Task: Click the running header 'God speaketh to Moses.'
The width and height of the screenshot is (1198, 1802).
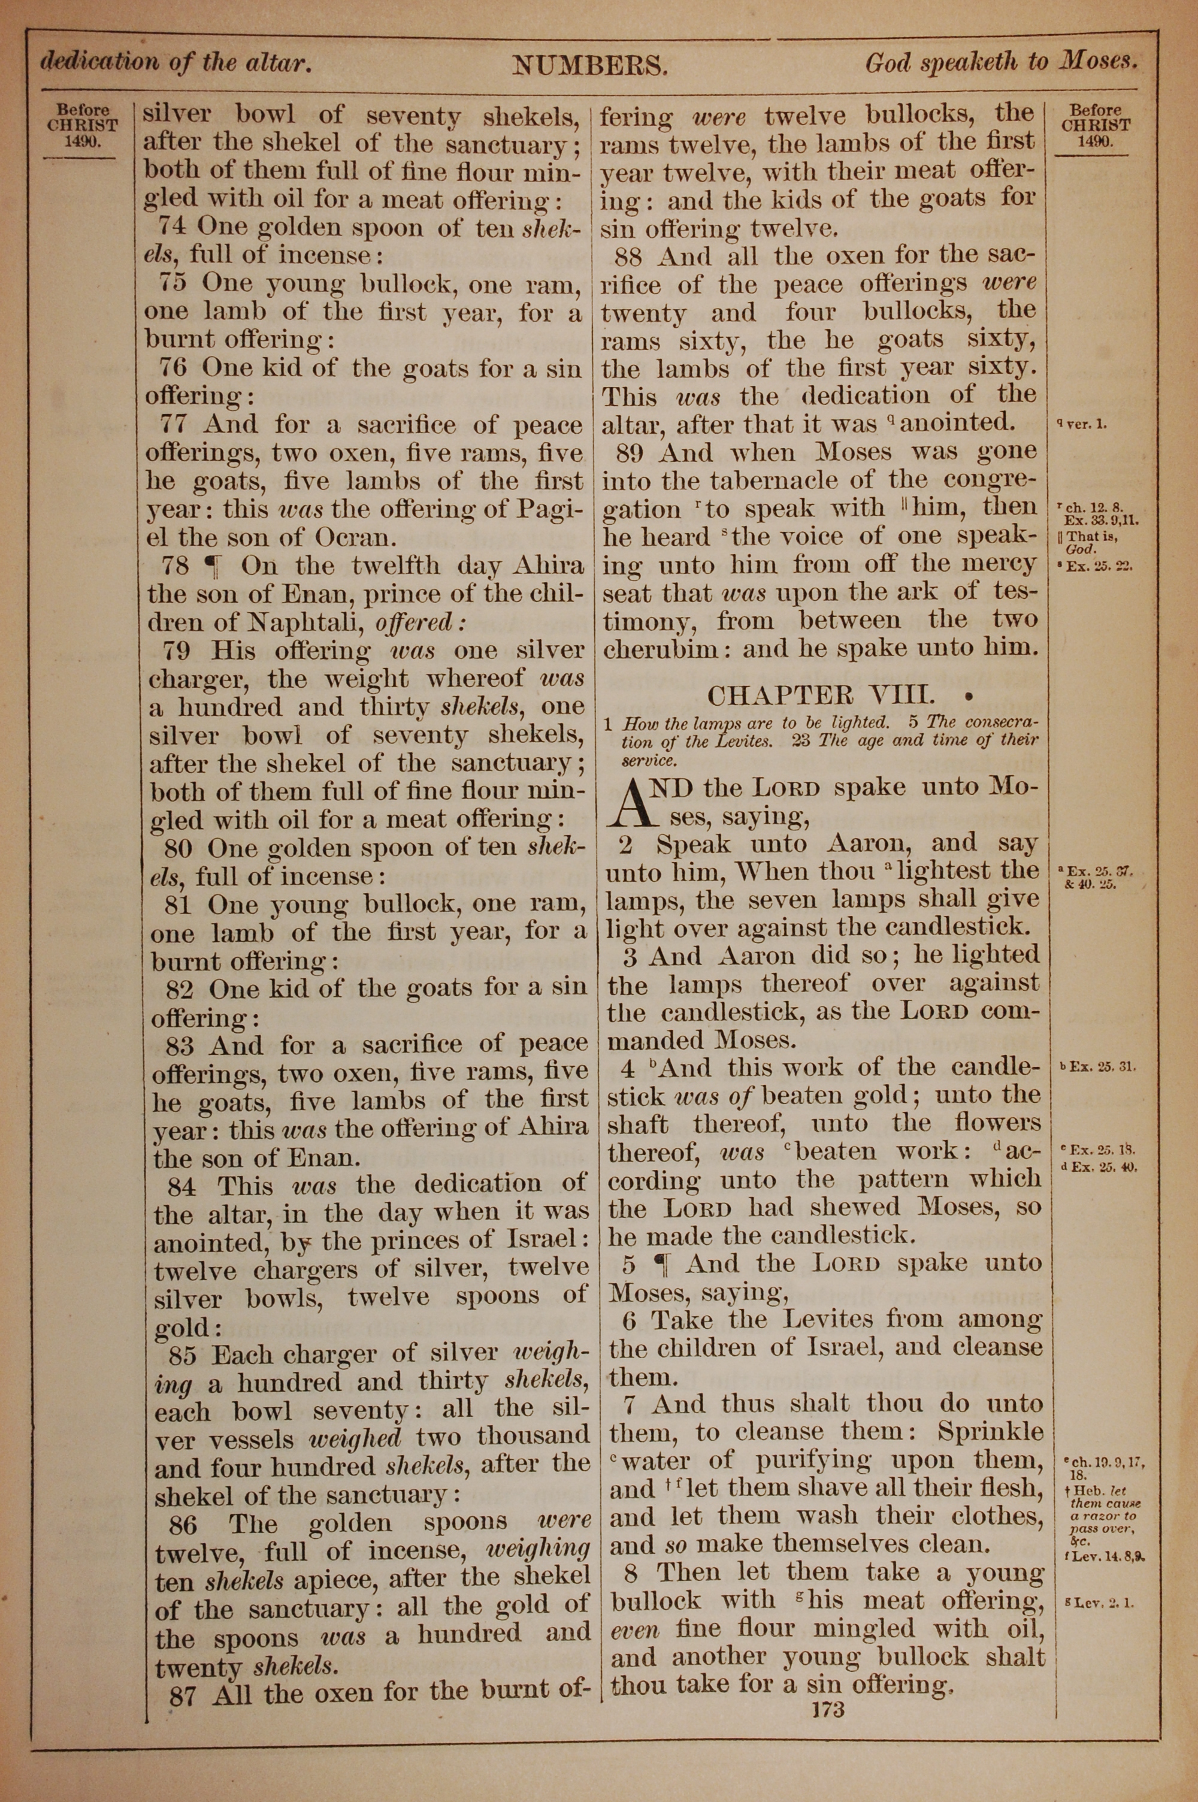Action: [1002, 64]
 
